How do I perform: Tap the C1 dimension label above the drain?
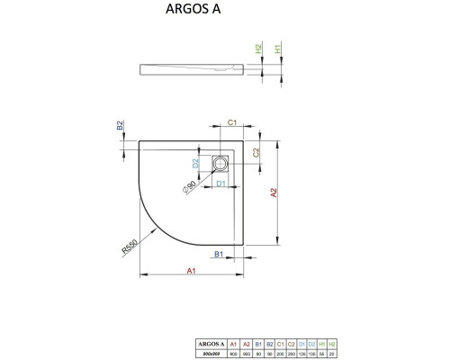231,122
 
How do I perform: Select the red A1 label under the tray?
193,271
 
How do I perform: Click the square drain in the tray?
220,164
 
